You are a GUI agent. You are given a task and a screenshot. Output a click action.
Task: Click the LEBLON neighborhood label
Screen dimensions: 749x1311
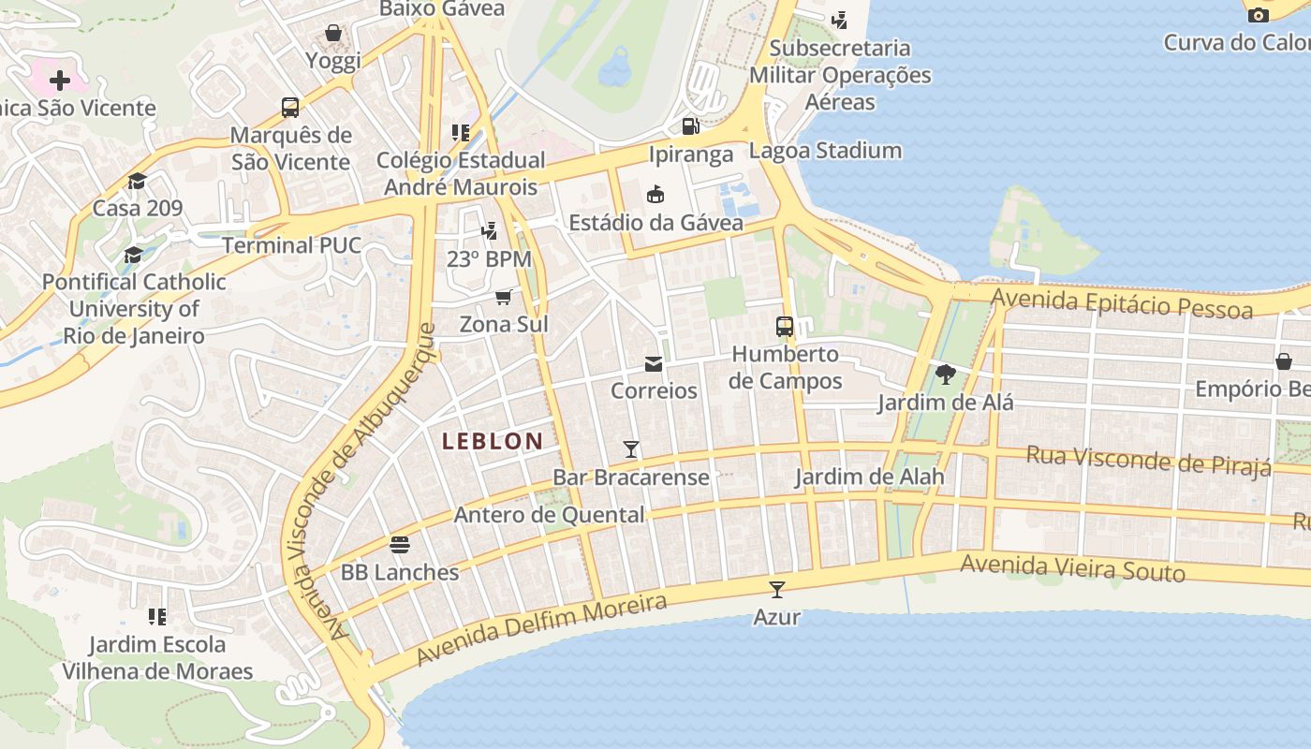[x=493, y=441]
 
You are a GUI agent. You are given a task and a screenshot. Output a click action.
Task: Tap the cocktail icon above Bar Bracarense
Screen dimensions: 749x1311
[x=631, y=449]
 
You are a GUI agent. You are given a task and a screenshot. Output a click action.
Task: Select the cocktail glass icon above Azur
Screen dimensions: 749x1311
[x=777, y=589]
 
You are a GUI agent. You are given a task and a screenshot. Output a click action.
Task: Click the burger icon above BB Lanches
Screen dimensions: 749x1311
[x=400, y=545]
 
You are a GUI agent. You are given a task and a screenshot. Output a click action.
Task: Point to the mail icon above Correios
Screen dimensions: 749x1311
[x=654, y=363]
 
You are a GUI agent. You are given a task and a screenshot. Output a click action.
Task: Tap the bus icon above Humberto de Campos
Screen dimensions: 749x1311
[x=785, y=327]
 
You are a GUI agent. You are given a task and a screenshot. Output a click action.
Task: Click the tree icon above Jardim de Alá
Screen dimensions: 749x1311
[x=946, y=374]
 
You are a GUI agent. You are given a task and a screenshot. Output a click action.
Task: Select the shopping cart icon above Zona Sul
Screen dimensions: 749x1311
[x=504, y=298]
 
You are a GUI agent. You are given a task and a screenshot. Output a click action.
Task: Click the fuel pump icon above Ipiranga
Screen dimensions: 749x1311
[x=690, y=126]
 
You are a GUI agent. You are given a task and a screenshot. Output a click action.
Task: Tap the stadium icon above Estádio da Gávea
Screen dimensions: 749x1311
[x=655, y=195]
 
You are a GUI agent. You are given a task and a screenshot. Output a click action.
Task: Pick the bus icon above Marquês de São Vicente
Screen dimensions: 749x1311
[x=290, y=108]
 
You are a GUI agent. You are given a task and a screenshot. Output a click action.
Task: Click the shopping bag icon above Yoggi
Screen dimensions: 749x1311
[x=332, y=34]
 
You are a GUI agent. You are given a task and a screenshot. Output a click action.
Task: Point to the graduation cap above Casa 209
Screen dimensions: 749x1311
[x=138, y=181]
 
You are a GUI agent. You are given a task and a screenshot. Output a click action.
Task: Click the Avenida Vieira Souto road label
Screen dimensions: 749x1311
[x=1072, y=567]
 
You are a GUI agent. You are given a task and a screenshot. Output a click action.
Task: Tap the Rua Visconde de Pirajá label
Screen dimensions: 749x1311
[x=1148, y=461]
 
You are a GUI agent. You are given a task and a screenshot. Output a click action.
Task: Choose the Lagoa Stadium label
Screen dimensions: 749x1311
[x=825, y=151]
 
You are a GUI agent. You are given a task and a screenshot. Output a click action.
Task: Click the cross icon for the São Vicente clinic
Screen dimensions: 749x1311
[x=60, y=81]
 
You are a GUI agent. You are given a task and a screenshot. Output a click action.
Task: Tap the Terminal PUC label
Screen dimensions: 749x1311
[x=291, y=245]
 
